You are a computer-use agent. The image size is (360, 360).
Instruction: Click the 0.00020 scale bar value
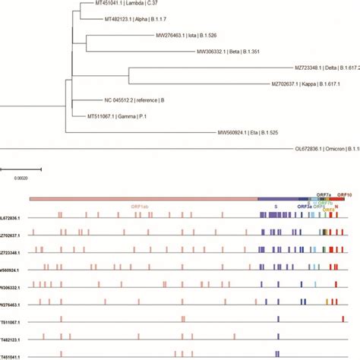tap(22, 177)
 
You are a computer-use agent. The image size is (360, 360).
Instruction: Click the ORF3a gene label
tap(303, 206)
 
